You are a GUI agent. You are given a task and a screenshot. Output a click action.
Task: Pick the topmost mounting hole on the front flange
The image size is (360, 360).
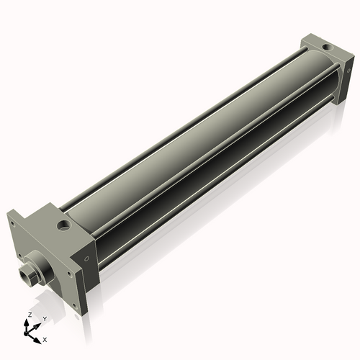tap(12, 223)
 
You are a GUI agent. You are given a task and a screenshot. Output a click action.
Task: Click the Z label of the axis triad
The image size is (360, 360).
tap(29, 315)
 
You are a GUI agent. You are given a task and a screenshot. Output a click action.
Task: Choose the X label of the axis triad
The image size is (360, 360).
tap(45, 338)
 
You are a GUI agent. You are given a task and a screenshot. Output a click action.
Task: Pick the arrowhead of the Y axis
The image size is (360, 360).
tap(38, 325)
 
